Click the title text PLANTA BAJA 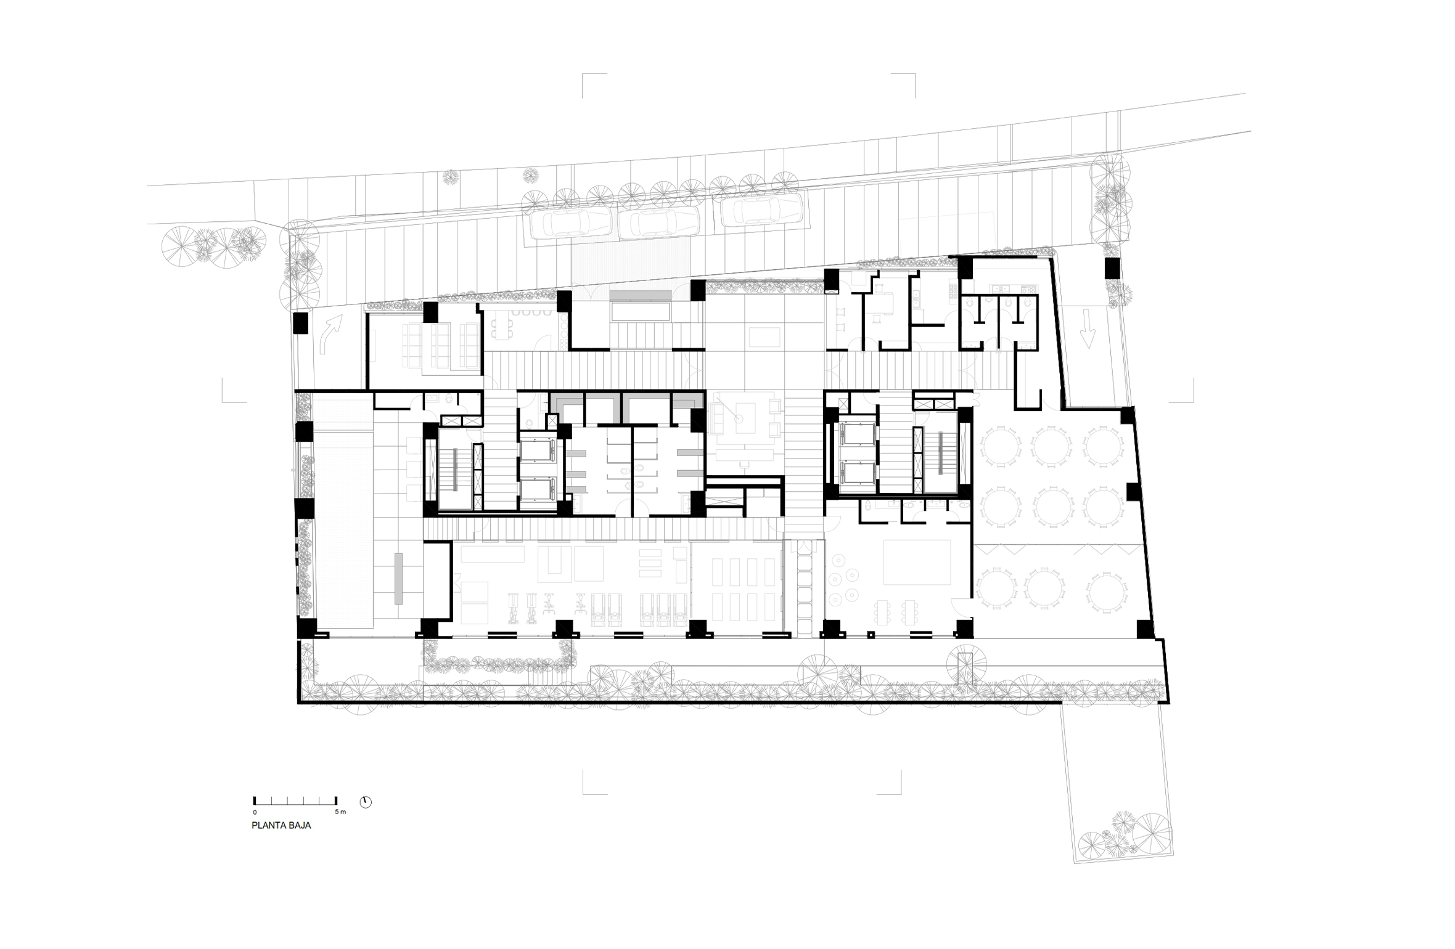(281, 826)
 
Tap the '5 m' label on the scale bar (340, 812)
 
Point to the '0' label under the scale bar (255, 812)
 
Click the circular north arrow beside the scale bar (366, 802)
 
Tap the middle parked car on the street (658, 221)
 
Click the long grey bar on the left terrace (398, 579)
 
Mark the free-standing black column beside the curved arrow (300, 324)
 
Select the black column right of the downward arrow (1112, 269)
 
